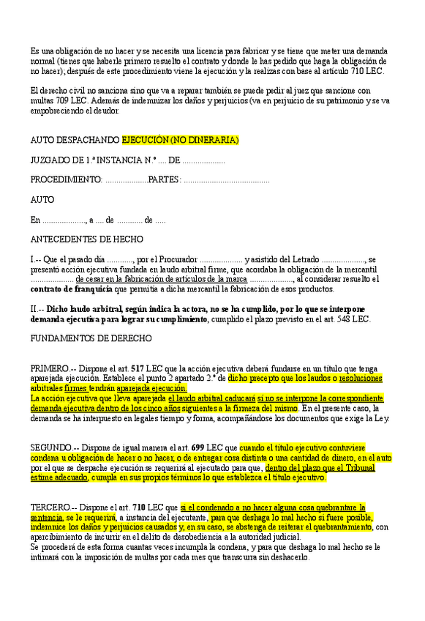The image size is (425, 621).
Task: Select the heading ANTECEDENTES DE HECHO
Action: click(x=87, y=239)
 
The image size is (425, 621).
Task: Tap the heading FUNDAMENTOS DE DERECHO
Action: click(x=91, y=338)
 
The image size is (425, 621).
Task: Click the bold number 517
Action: click(x=137, y=368)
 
